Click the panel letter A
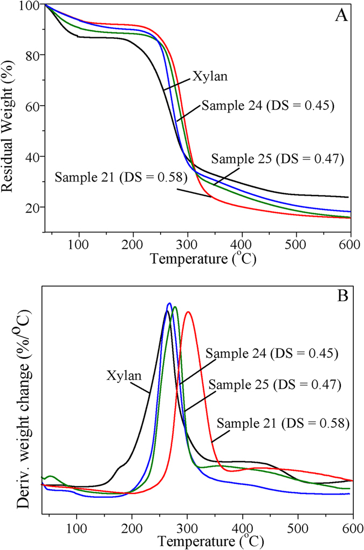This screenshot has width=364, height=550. click(341, 15)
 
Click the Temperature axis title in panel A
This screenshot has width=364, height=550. click(203, 259)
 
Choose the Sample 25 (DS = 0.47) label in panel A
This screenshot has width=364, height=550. click(277, 159)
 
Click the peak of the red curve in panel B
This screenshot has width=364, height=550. click(188, 312)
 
